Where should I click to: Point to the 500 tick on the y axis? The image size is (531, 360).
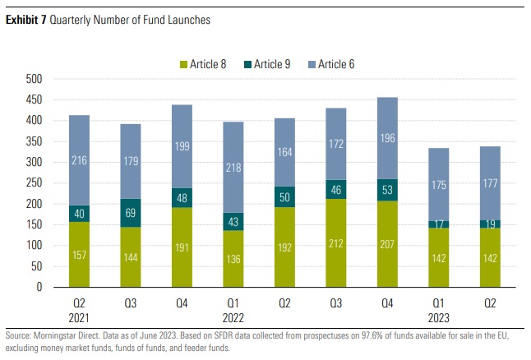(33, 80)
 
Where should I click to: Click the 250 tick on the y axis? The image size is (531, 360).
(33, 183)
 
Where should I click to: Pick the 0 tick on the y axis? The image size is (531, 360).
(39, 287)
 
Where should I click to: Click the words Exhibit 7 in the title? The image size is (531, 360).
(26, 20)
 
